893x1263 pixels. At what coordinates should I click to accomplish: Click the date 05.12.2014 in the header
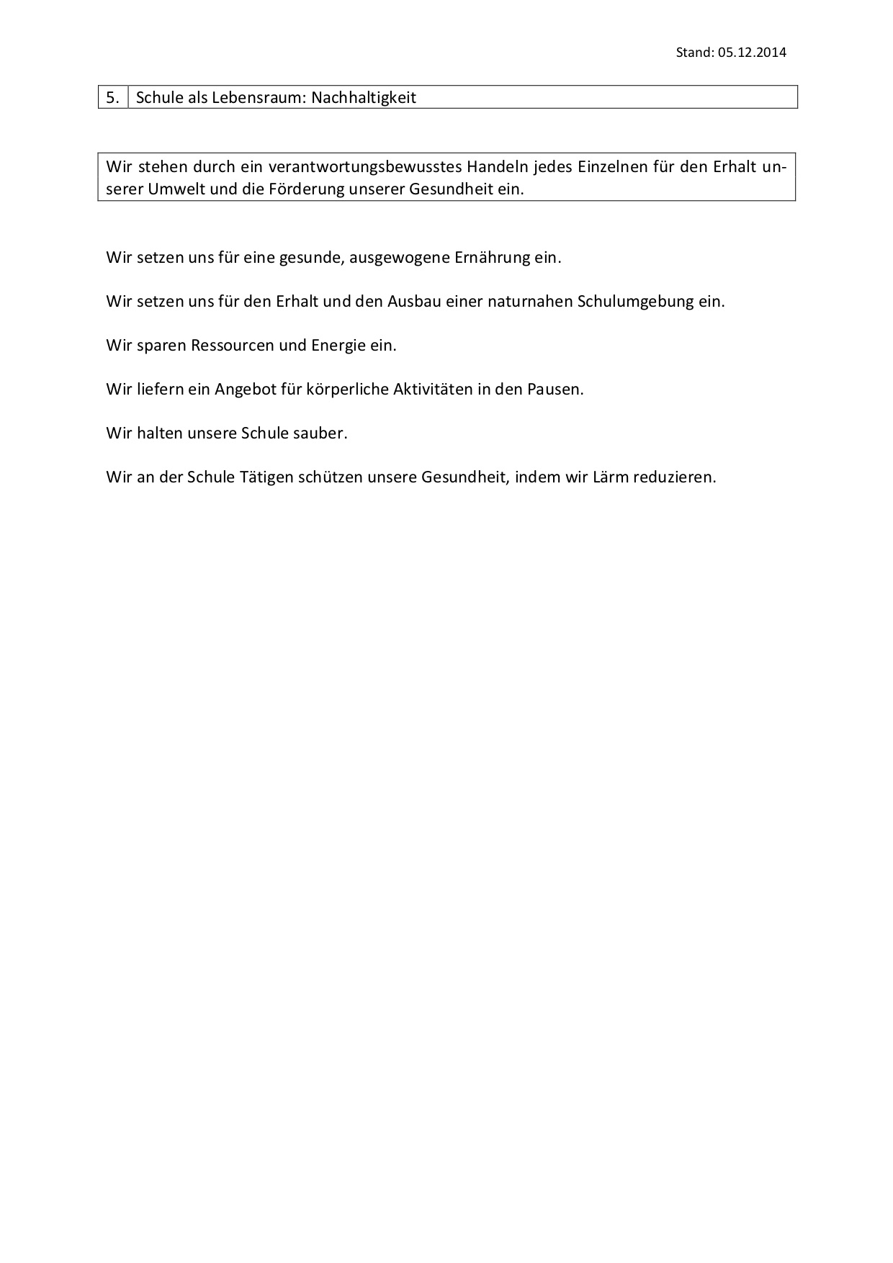pyautogui.click(x=752, y=52)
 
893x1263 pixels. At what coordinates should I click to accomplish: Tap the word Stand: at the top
pyautogui.click(x=695, y=52)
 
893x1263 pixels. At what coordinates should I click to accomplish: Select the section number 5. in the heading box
pyautogui.click(x=112, y=98)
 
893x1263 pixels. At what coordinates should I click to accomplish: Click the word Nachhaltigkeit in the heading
pyautogui.click(x=364, y=98)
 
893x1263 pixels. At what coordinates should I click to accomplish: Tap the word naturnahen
pyautogui.click(x=529, y=301)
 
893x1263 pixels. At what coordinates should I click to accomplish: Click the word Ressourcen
pyautogui.click(x=232, y=345)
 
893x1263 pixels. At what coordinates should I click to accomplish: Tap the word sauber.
pyautogui.click(x=320, y=433)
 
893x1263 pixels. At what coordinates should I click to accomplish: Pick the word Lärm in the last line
pyautogui.click(x=611, y=477)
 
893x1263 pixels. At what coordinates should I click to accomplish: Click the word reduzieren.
pyautogui.click(x=675, y=477)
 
